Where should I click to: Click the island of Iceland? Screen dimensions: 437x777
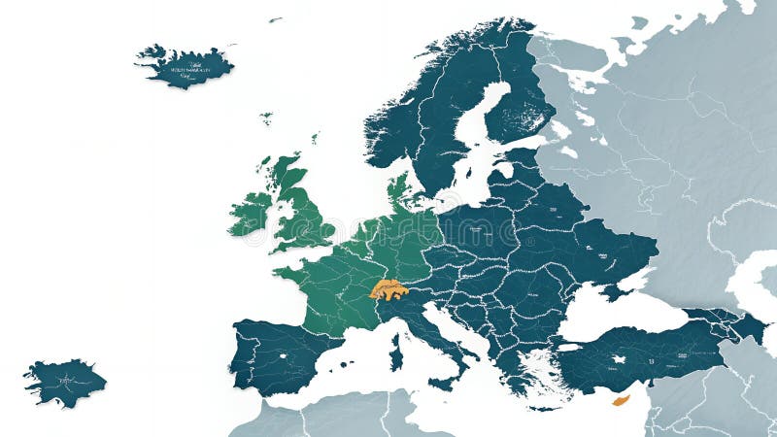pos(185,66)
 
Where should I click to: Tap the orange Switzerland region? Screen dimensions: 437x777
pos(388,289)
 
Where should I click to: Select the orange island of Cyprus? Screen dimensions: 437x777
pos(621,400)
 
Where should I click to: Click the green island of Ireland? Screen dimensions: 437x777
pos(252,213)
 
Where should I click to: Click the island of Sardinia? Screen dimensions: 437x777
pos(396,352)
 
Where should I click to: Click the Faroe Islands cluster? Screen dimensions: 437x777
pos(266,118)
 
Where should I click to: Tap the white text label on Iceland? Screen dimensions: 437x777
pos(192,70)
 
